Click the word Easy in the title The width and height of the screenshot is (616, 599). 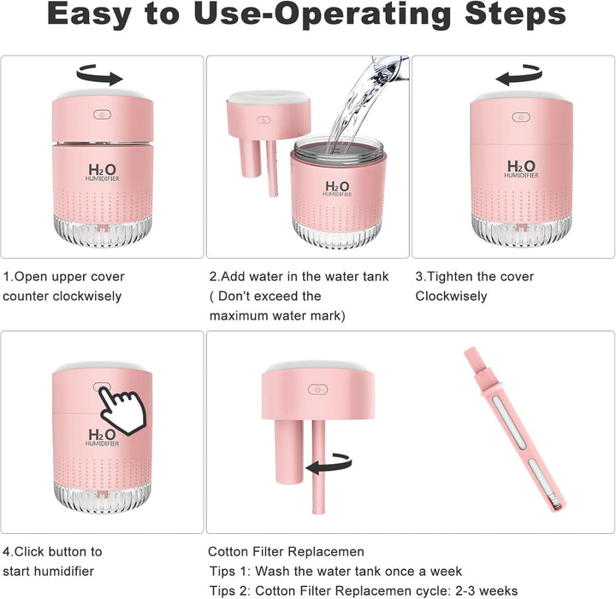(89, 15)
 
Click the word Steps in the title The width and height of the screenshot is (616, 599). (515, 15)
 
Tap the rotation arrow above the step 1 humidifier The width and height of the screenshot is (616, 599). (99, 75)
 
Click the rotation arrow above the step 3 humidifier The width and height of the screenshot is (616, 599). (518, 75)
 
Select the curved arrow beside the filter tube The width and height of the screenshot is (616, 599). (329, 464)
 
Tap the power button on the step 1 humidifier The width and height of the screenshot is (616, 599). (102, 115)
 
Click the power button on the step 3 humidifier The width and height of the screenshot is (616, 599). (521, 117)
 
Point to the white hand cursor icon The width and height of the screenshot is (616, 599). (122, 409)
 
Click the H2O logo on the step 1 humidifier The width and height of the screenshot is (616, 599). (102, 173)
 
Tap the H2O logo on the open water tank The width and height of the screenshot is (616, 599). (337, 188)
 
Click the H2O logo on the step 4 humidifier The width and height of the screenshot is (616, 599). (102, 437)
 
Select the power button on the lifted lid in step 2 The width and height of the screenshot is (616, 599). (264, 120)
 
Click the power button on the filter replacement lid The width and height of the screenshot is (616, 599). (317, 390)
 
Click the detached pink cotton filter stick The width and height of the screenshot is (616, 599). (515, 430)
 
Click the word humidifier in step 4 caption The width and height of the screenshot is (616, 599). (62, 571)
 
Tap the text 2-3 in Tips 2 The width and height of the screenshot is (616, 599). (465, 590)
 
